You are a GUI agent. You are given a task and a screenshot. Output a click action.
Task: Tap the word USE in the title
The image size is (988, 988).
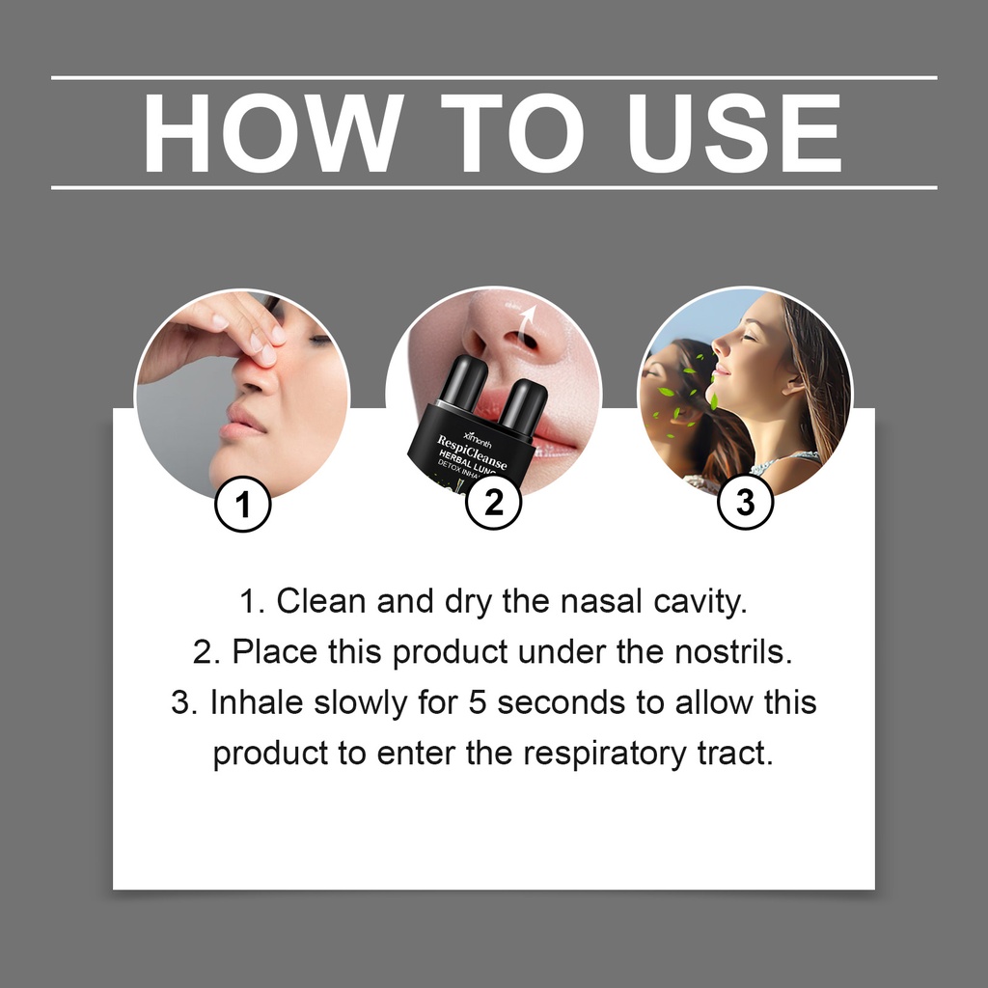point(734,133)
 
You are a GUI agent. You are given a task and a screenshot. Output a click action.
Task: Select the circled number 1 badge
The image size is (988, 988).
point(242,504)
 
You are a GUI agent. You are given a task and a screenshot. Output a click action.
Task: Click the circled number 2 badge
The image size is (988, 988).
point(494,502)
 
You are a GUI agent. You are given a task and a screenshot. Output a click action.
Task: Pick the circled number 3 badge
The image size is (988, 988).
point(746,502)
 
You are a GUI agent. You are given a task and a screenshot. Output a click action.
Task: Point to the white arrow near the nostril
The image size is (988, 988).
point(526,321)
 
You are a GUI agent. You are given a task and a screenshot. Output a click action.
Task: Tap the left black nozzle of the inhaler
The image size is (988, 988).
point(463,380)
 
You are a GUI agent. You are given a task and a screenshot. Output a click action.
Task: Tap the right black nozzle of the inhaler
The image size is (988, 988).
point(523,403)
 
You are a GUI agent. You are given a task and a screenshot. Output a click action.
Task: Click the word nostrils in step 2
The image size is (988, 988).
point(733,651)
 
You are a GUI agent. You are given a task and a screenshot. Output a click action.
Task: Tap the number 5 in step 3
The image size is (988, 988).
point(477,702)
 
